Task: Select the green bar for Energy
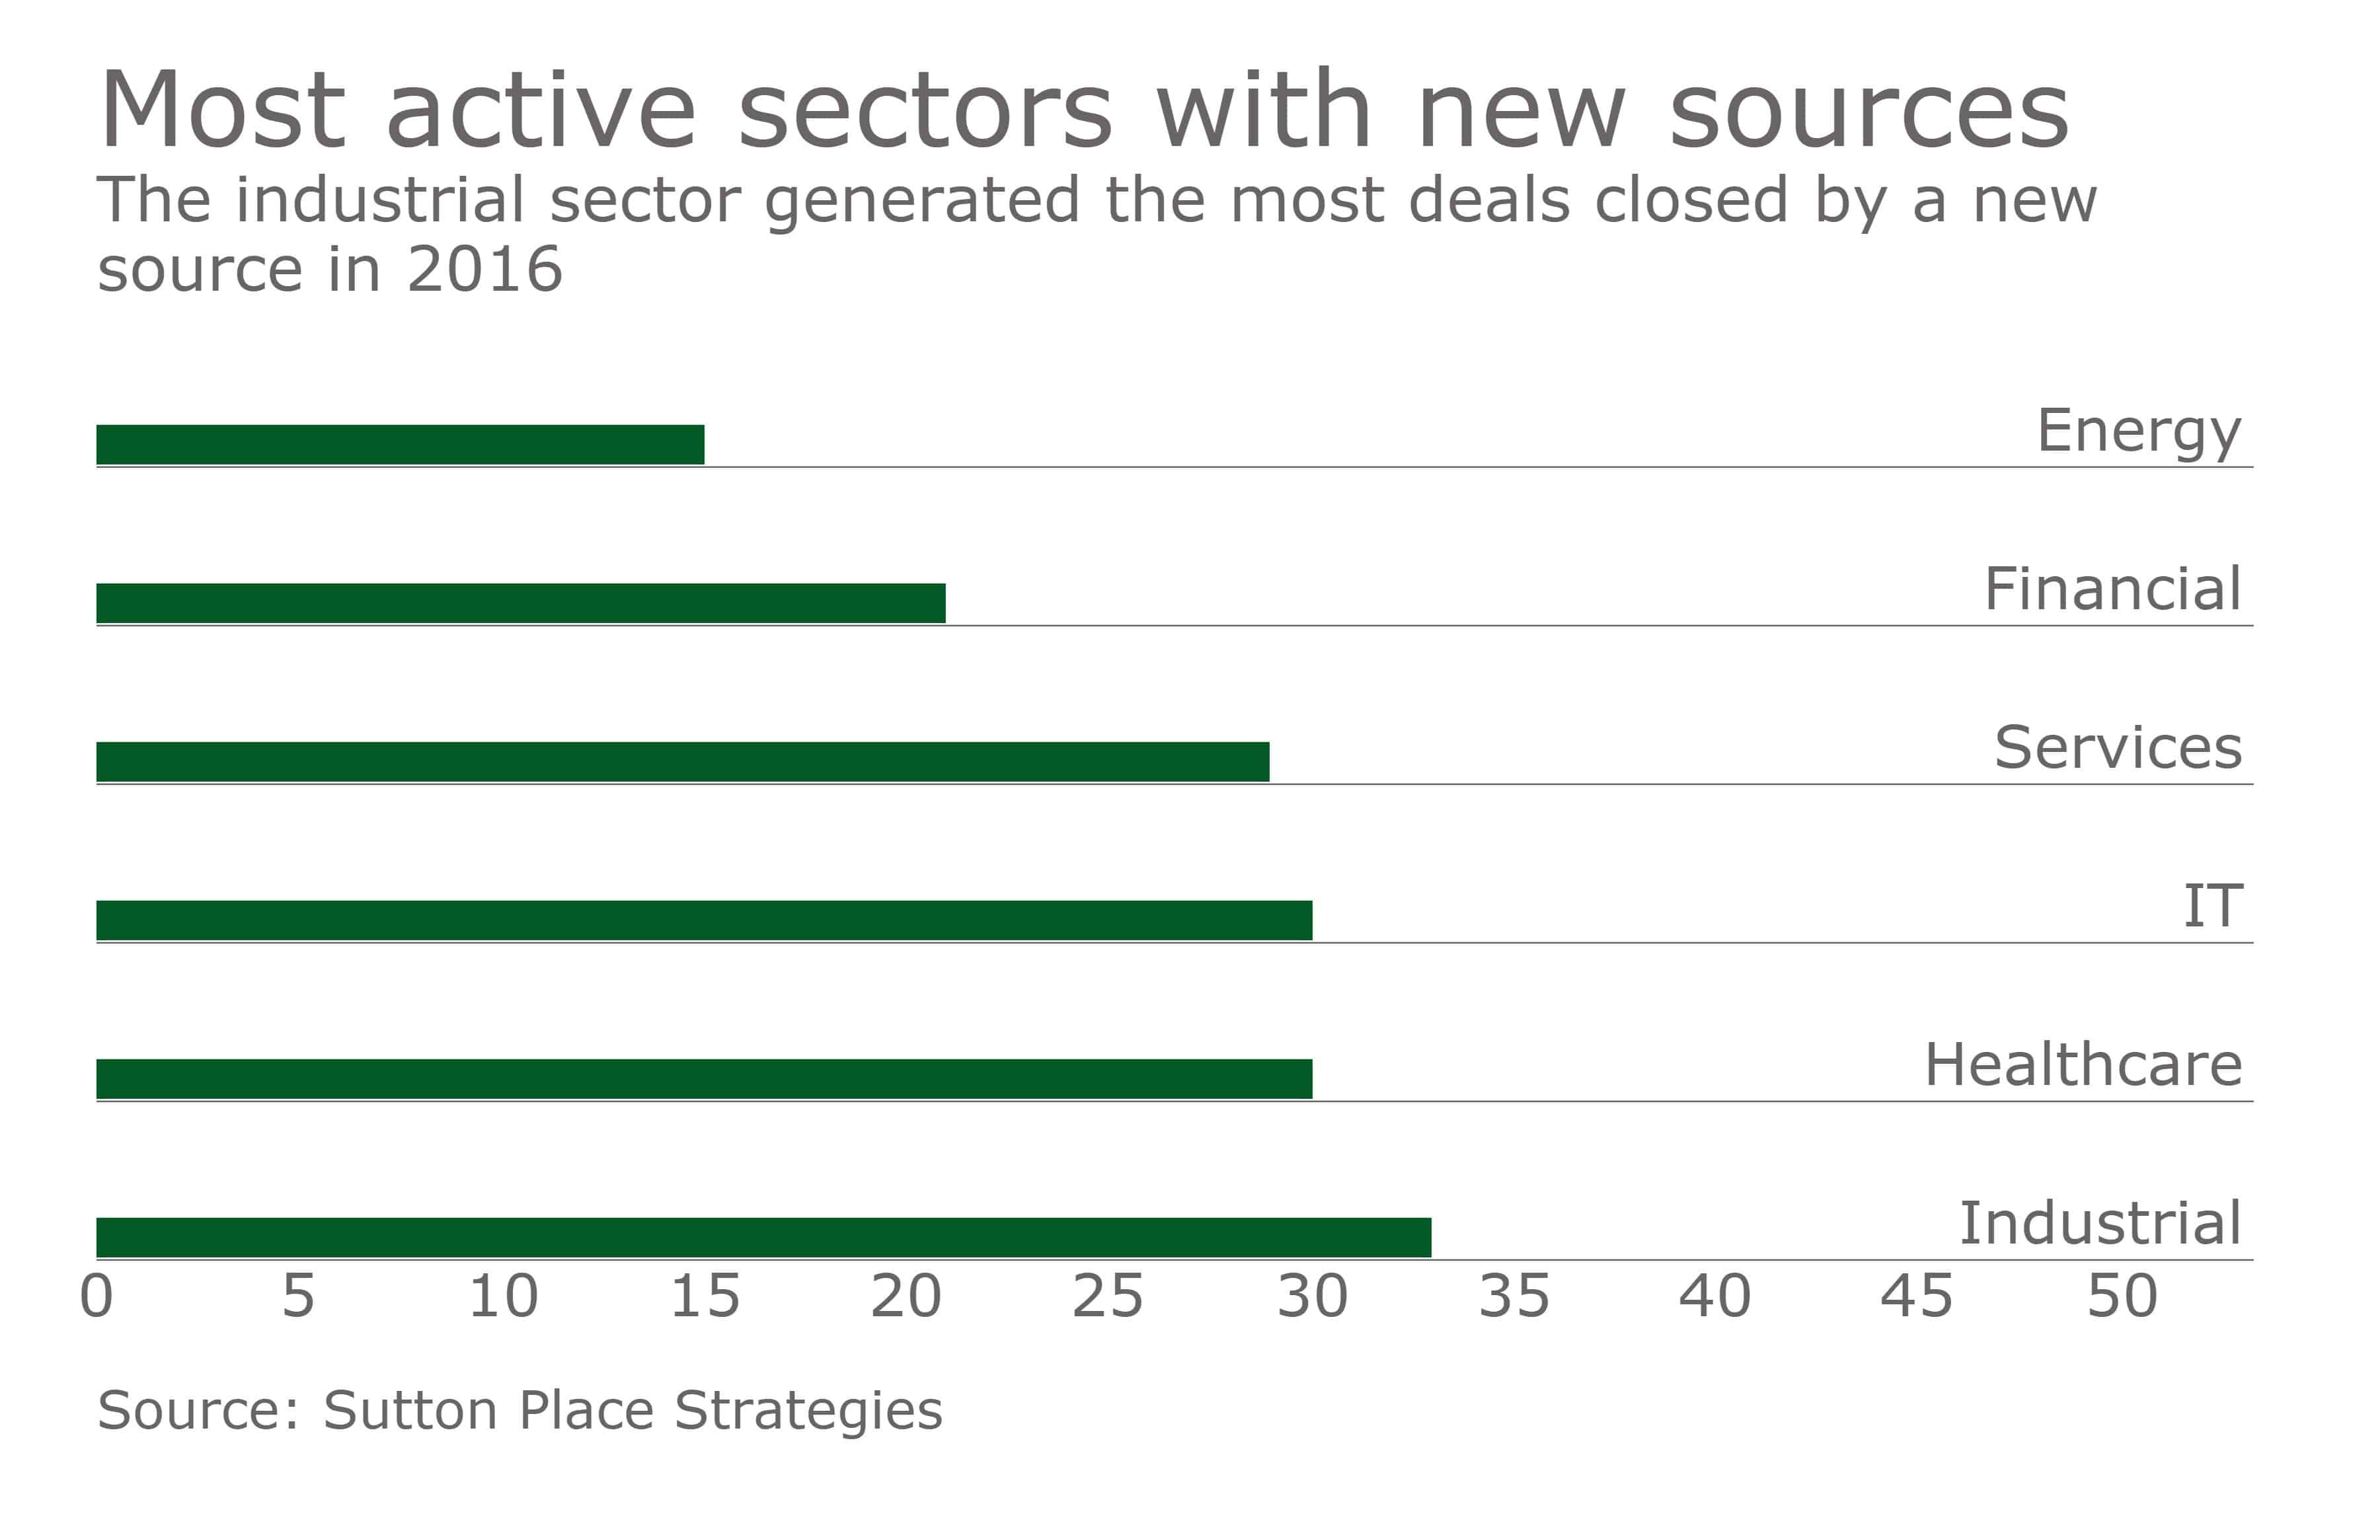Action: [401, 445]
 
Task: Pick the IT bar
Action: [704, 920]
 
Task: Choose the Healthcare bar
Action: [704, 1079]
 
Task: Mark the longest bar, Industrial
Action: [763, 1238]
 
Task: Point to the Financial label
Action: [2113, 589]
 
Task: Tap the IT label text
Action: [2213, 907]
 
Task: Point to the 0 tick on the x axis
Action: [97, 1297]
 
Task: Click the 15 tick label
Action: [705, 1297]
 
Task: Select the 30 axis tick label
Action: [1312, 1297]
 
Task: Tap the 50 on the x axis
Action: [2122, 1297]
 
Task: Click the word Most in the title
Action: [223, 111]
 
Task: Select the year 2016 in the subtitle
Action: [484, 269]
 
